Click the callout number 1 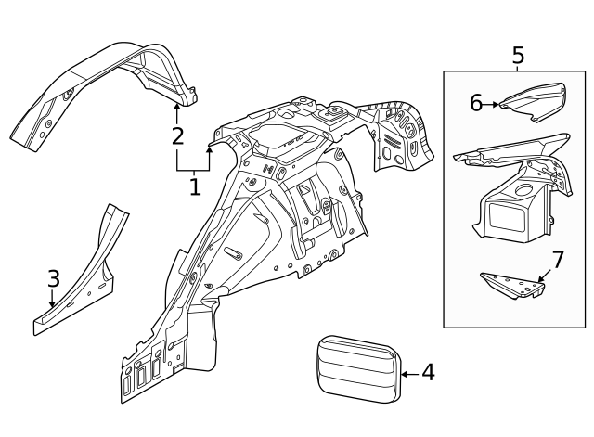(195, 186)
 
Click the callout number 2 (177, 136)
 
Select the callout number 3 (53, 277)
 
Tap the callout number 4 (427, 373)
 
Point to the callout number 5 (518, 55)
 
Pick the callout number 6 (476, 103)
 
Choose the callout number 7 (557, 259)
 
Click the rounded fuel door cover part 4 (355, 368)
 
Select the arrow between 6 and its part (493, 104)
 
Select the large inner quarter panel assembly (278, 232)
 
